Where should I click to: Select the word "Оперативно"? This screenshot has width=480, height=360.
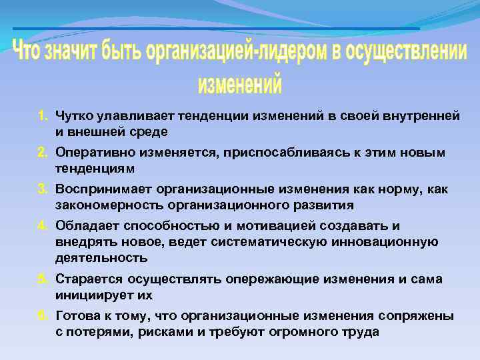[91, 153]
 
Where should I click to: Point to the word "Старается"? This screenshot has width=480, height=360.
[85, 279]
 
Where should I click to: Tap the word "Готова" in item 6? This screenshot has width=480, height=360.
[76, 316]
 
